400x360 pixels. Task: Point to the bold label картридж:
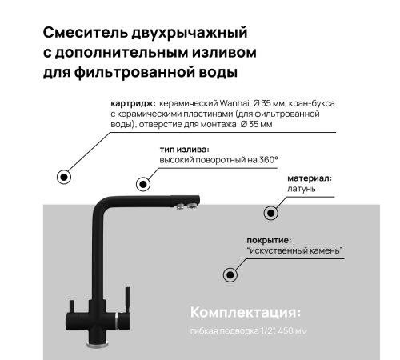click(133, 105)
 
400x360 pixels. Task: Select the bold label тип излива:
click(185, 150)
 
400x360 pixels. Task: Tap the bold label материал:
click(310, 178)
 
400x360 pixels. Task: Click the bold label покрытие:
click(269, 240)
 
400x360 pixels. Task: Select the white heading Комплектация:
click(245, 310)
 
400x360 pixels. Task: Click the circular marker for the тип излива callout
click(144, 184)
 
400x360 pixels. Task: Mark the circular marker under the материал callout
click(270, 213)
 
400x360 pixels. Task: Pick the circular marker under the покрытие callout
click(230, 274)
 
